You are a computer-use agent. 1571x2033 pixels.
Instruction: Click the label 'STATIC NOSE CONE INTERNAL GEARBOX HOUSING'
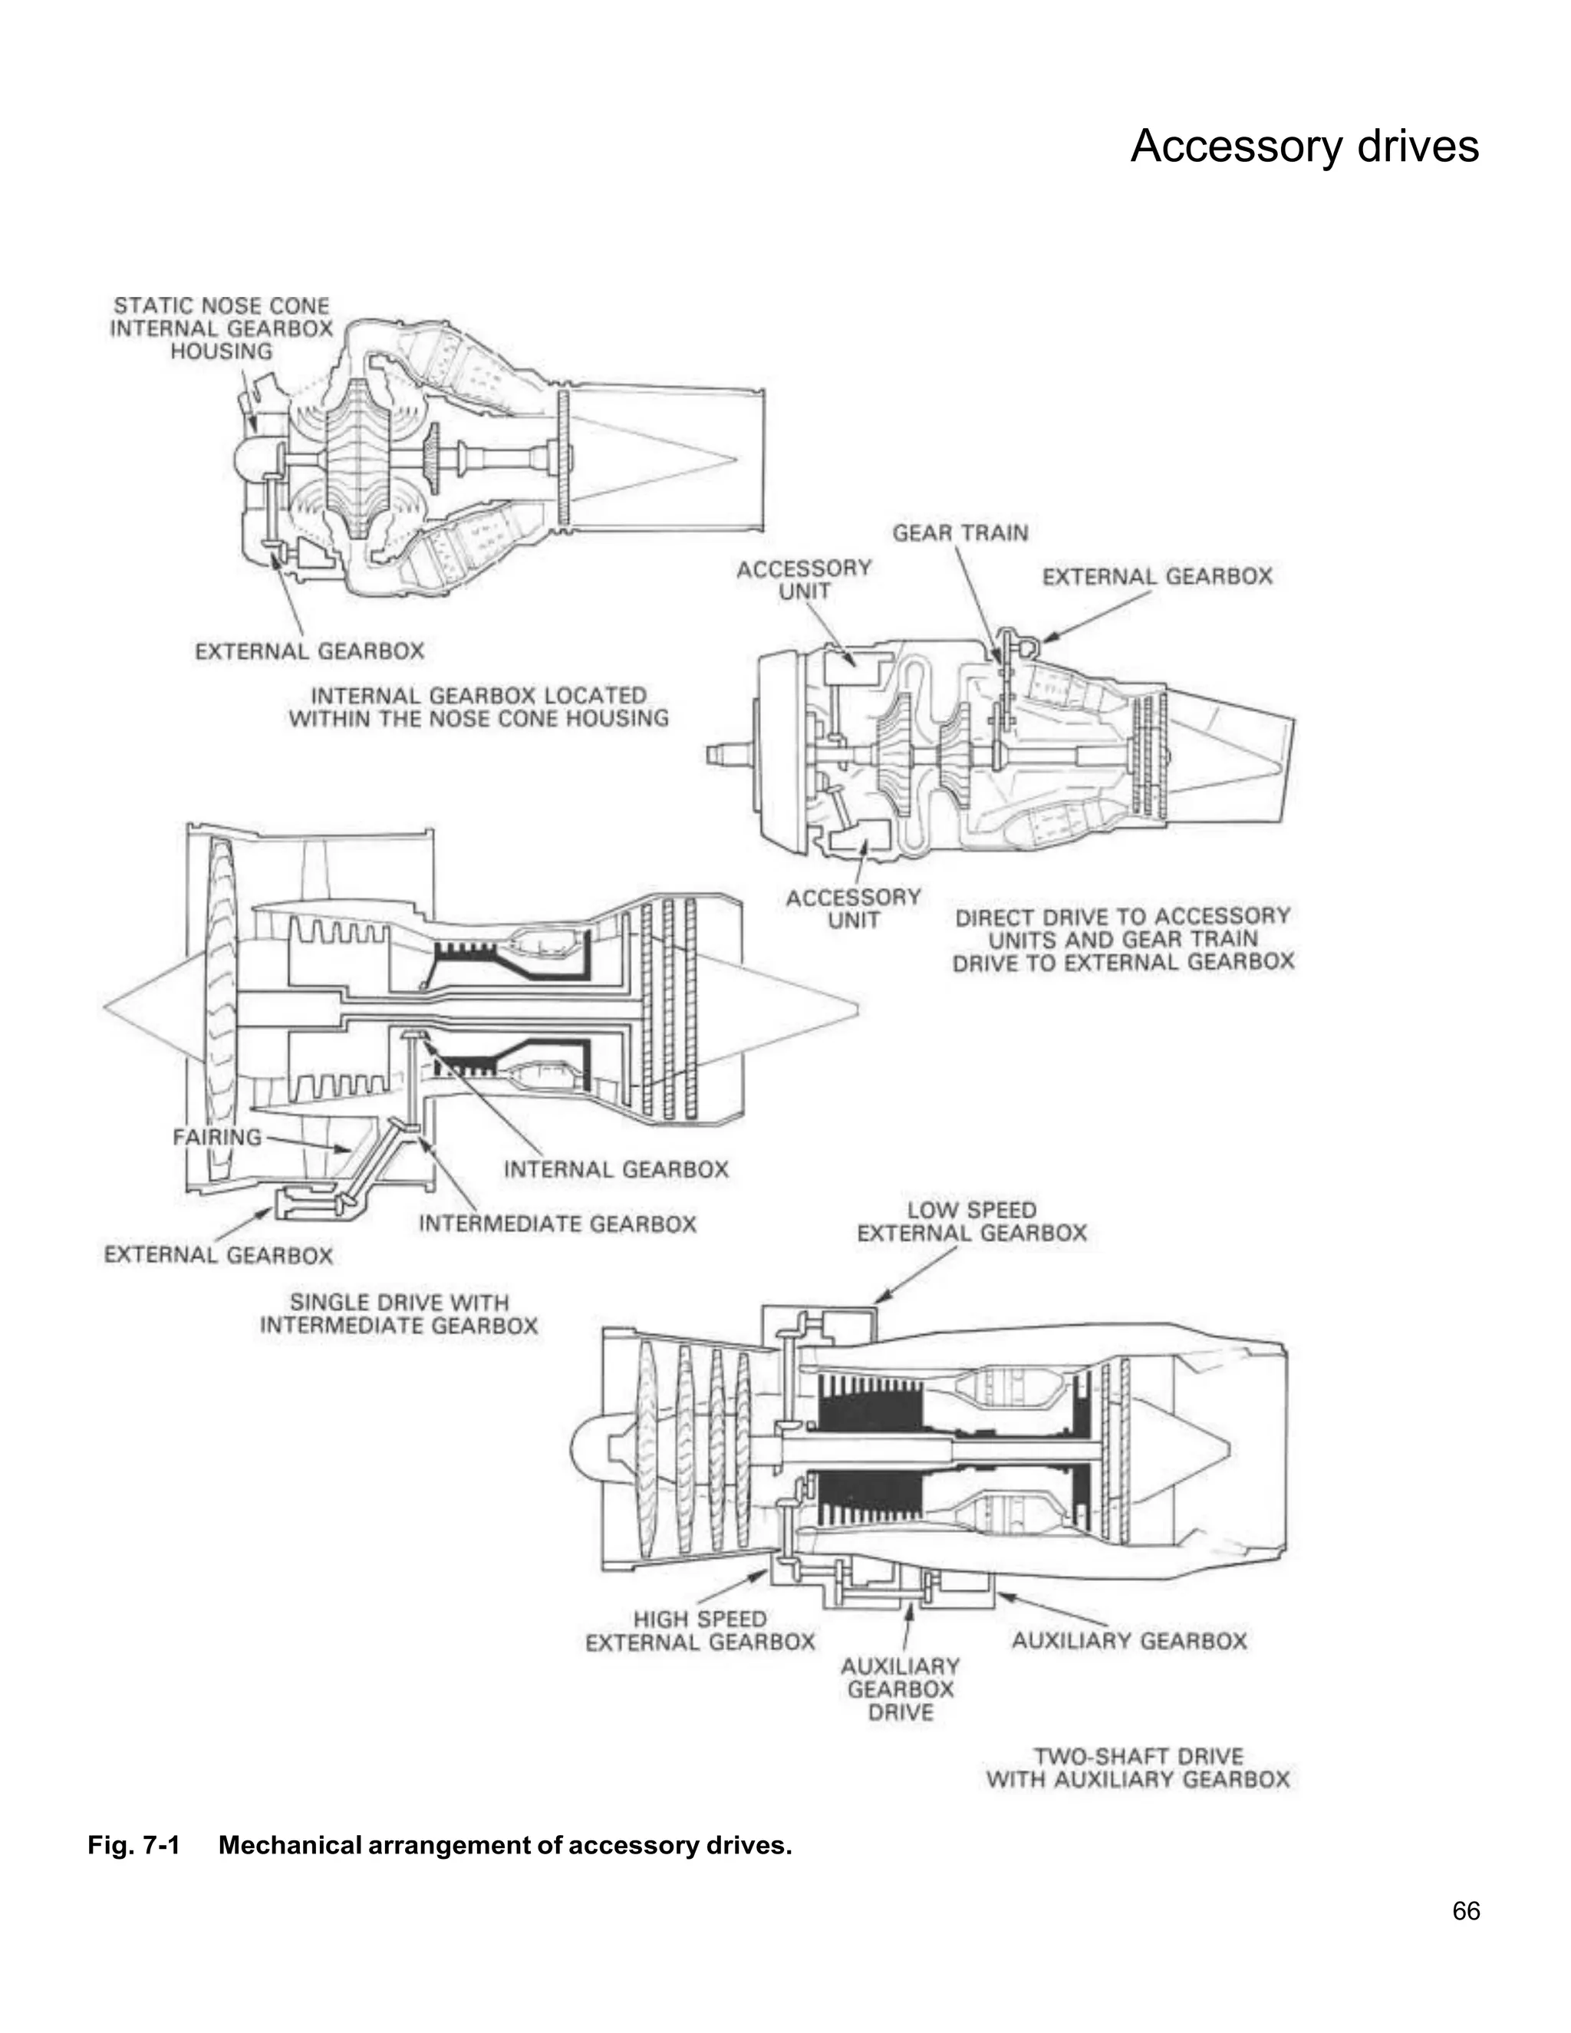[x=222, y=328]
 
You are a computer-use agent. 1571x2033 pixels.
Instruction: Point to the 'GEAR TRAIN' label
[x=960, y=533]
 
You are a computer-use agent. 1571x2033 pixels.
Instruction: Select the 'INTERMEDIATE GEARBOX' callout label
[x=558, y=1223]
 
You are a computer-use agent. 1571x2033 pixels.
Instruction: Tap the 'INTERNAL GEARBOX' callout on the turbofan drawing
[x=616, y=1169]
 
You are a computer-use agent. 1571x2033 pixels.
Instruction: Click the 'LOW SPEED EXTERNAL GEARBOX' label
[x=972, y=1221]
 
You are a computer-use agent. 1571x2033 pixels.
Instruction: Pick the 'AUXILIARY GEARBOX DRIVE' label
[x=900, y=1689]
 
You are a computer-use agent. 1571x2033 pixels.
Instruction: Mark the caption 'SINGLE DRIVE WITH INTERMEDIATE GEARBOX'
[x=399, y=1313]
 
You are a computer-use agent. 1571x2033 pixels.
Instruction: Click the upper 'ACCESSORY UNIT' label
[x=804, y=579]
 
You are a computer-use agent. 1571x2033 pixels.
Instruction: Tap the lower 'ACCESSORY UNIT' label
[x=854, y=908]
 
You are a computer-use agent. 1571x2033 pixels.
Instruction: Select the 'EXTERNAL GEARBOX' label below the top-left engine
[x=309, y=651]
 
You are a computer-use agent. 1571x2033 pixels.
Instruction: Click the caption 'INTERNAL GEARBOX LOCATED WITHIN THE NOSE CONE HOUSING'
[x=479, y=707]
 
